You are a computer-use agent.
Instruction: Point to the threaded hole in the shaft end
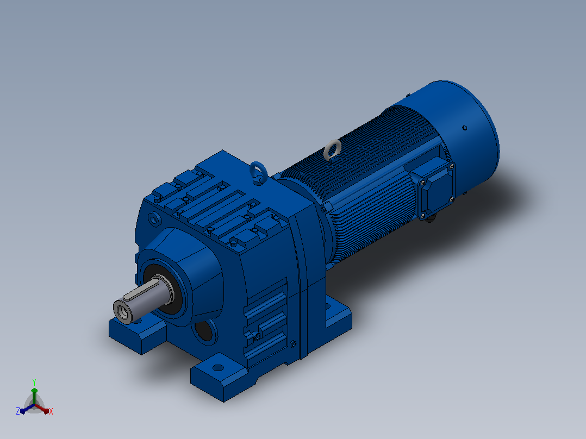tap(122, 311)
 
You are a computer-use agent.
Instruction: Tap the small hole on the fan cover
tap(465, 128)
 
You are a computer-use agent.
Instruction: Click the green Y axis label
tap(34, 382)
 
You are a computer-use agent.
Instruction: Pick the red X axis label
tap(51, 411)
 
